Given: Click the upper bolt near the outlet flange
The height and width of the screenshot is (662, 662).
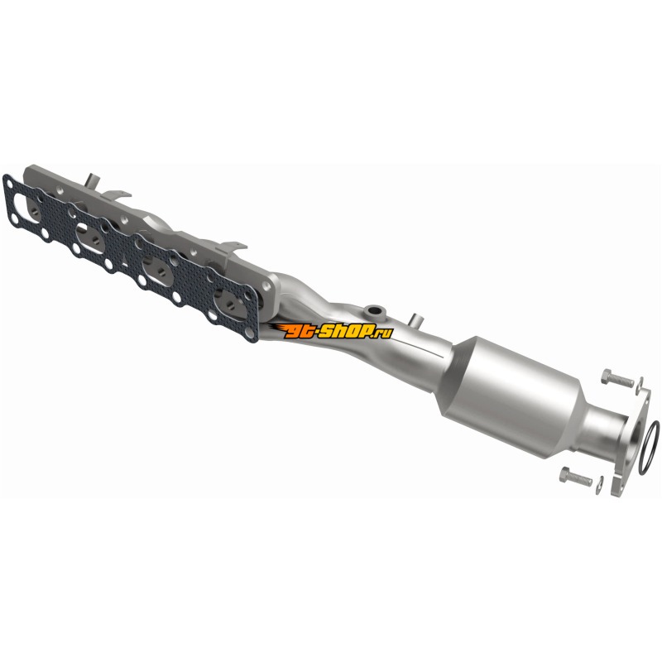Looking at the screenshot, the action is point(617,378).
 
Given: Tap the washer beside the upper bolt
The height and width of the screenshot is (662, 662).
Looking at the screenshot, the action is point(640,383).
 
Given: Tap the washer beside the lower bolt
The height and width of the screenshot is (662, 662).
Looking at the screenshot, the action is point(599,485).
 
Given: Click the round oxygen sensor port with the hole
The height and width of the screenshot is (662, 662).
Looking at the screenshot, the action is point(374,312).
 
